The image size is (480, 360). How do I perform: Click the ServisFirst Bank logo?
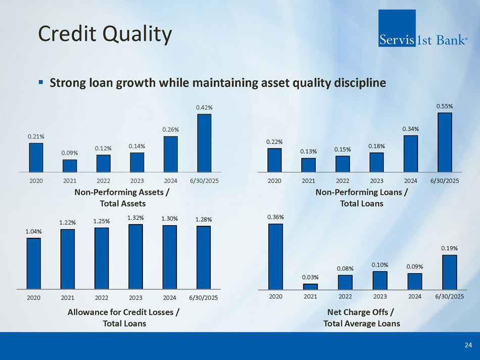422,28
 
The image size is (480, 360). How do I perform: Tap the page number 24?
468,345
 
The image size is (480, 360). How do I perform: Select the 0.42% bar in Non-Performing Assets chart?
204,143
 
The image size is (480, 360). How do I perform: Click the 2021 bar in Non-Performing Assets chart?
70,166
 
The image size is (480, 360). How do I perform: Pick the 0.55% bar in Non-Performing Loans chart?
445,142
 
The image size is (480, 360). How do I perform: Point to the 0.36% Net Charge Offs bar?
276,256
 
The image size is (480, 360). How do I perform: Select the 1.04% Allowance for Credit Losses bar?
34,263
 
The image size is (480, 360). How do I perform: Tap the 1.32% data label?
135,218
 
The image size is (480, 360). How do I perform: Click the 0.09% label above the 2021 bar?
70,152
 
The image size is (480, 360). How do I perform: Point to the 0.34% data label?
411,129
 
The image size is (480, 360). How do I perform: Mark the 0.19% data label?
449,248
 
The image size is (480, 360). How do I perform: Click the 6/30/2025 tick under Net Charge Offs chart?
449,296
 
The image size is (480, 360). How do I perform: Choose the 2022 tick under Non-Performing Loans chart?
343,180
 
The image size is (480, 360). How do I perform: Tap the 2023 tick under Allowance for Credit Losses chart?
135,297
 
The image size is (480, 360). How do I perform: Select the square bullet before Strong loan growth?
41,82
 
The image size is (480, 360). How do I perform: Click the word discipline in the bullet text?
360,82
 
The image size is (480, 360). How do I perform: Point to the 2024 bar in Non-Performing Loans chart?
411,153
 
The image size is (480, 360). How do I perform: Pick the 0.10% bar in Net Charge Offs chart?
380,280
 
